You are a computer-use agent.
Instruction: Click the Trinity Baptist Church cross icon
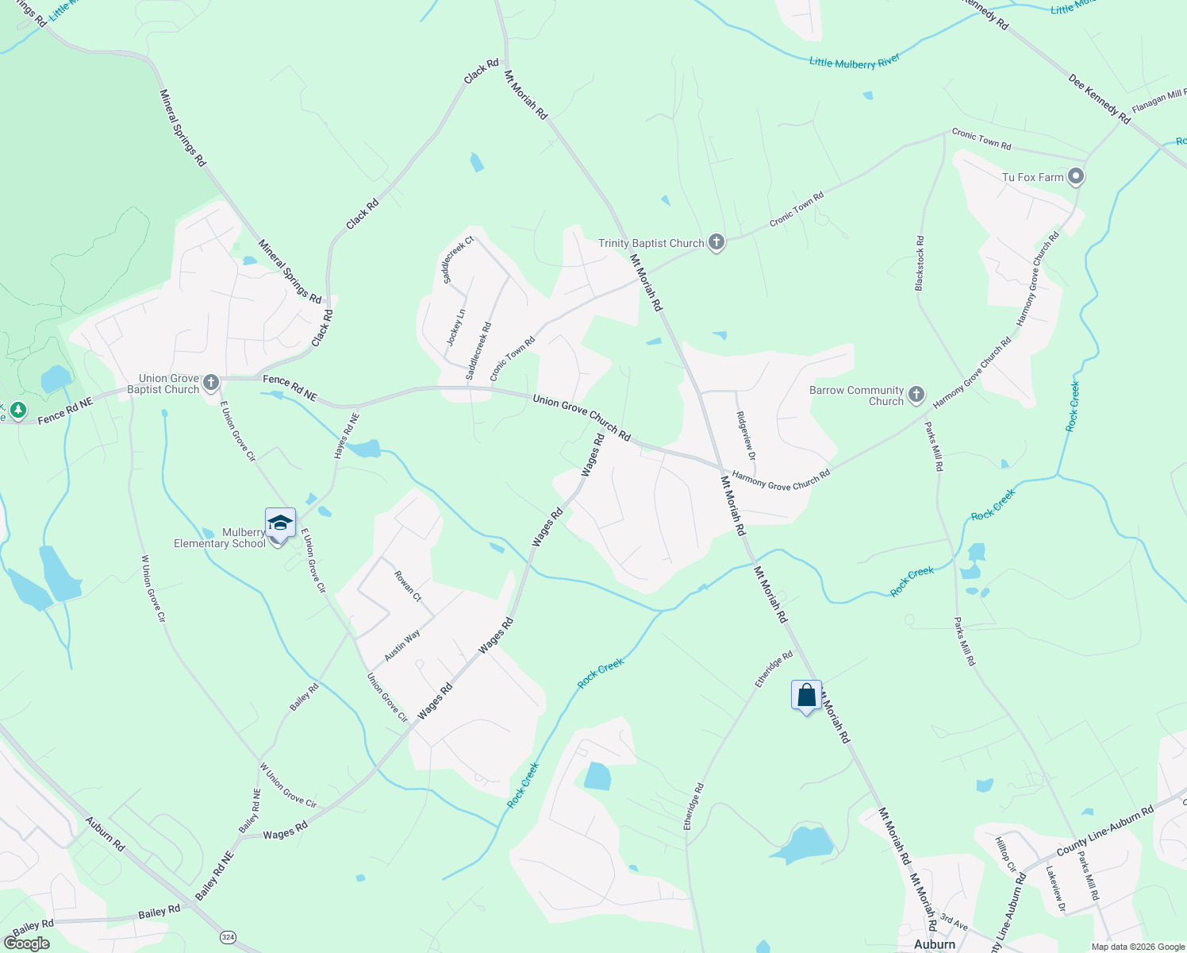716,243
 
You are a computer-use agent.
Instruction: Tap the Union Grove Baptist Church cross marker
210,384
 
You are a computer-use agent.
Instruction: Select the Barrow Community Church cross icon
916,395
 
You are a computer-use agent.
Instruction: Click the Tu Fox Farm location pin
1076,176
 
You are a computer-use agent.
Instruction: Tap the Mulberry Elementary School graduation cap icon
280,523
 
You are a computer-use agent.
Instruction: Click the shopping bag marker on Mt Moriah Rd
806,696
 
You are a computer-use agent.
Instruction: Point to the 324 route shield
229,937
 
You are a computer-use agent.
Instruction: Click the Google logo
26,943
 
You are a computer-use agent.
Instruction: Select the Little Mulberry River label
855,62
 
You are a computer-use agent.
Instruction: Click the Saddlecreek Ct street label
458,260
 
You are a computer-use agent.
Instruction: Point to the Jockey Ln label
455,327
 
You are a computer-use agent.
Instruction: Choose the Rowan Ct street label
408,586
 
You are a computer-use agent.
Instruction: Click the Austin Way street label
402,646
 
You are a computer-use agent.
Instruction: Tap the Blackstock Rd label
920,263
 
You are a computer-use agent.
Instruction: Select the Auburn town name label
935,944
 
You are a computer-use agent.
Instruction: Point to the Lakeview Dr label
1056,889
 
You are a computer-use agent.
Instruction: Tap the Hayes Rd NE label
347,435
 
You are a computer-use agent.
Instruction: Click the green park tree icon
18,411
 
